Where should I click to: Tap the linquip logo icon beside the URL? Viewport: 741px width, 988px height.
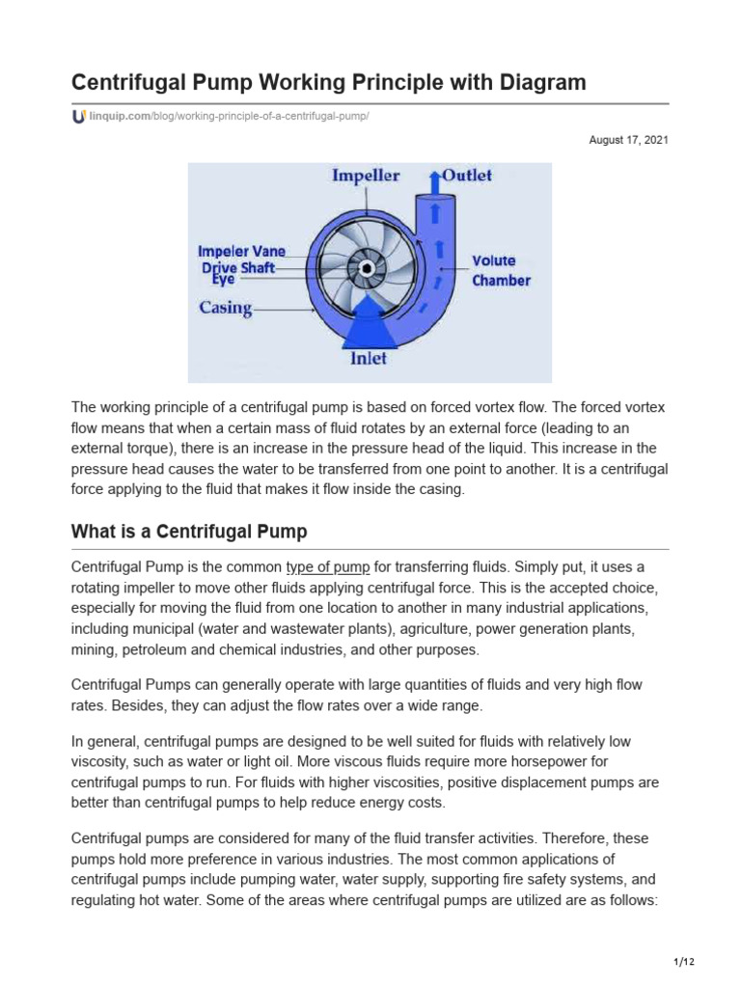coord(78,117)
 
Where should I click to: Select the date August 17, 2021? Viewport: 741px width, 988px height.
coord(628,141)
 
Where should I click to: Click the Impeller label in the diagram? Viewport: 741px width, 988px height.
coord(366,176)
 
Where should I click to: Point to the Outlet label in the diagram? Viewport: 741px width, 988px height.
coord(467,176)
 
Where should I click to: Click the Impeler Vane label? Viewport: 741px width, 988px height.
coord(241,251)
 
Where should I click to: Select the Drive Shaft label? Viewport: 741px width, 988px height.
coord(238,267)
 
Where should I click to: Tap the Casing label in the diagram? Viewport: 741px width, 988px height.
coord(226,308)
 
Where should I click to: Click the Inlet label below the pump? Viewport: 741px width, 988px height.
coord(368,358)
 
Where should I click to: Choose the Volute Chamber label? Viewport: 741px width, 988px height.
coord(500,270)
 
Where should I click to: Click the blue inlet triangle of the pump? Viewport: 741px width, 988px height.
coord(368,323)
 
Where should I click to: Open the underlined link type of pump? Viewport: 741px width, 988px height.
coord(327,567)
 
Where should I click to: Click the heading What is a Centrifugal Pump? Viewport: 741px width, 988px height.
coord(189,532)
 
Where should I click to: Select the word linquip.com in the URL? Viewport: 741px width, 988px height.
coord(120,117)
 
